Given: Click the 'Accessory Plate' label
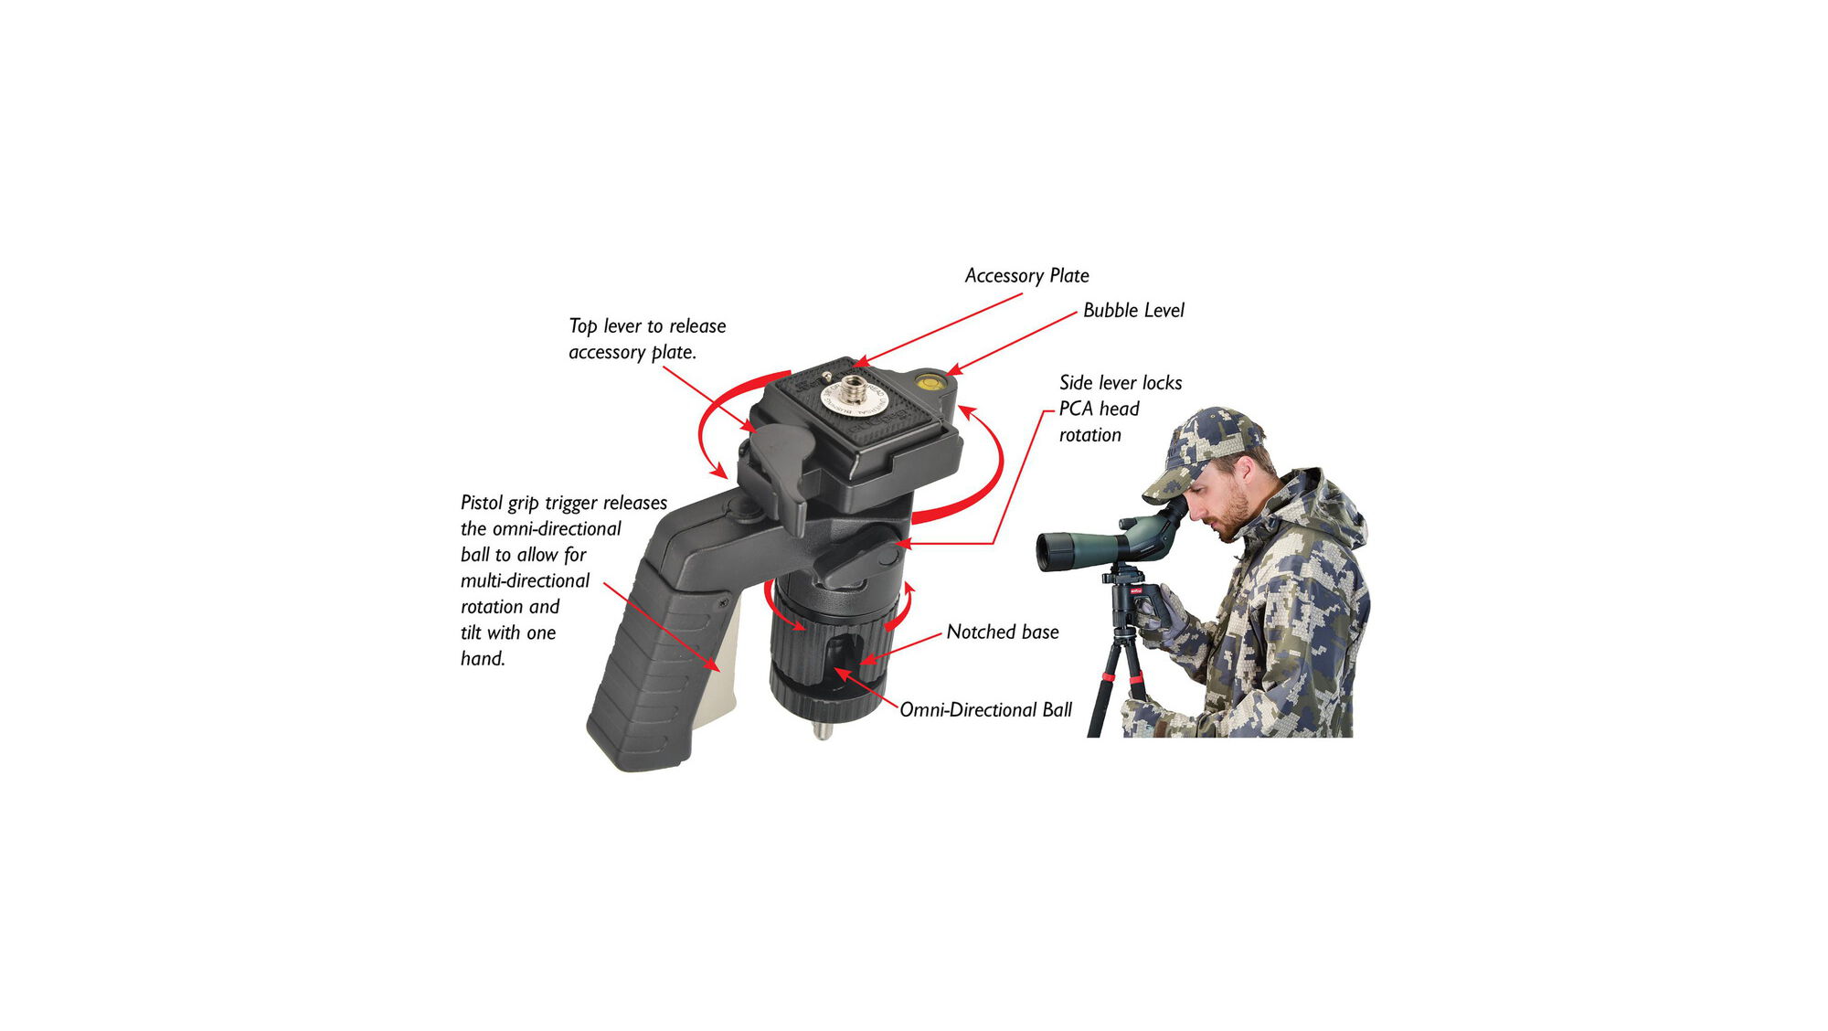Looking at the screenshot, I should (1026, 276).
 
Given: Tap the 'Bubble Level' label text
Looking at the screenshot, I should (1132, 311).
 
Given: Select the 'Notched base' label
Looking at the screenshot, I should (1002, 632).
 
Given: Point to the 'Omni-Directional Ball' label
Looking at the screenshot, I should (985, 710).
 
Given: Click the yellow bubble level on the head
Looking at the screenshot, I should (930, 380).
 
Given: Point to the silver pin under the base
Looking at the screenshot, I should (823, 731).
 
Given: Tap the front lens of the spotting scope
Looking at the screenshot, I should (1046, 551).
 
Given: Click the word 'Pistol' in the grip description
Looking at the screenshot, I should (481, 504).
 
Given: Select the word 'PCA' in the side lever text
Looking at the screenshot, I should (1076, 409).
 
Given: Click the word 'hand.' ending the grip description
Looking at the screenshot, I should (483, 659).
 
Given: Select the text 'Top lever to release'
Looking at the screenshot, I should (647, 326).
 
